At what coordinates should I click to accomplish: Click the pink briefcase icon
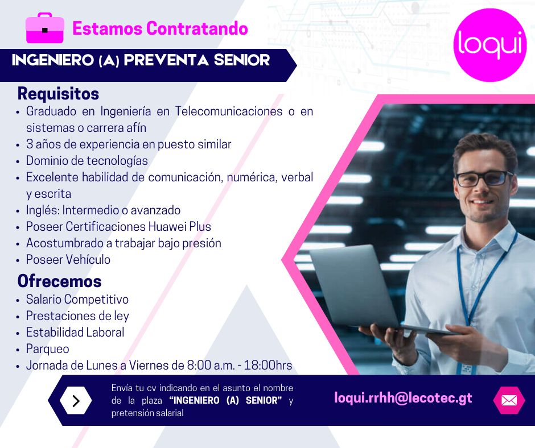[x=45, y=28]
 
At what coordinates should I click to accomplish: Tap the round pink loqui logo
[x=490, y=45]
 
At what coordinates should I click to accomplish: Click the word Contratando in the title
[x=197, y=28]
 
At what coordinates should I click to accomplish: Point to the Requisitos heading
[x=59, y=93]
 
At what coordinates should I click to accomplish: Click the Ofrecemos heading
[x=59, y=281]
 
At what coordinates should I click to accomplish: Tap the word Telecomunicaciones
[x=229, y=111]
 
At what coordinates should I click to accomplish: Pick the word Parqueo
[x=47, y=349]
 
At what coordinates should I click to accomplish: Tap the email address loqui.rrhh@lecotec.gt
[x=403, y=398]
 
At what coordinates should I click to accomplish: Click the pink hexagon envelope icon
[x=509, y=400]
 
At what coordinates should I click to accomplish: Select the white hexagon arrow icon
[x=76, y=401]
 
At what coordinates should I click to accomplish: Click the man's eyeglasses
[x=484, y=179]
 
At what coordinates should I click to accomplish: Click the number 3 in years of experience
[x=30, y=144]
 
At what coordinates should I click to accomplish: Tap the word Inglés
[x=43, y=210]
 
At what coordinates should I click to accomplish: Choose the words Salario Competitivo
[x=77, y=300]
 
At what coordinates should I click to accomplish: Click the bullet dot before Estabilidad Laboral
[x=18, y=333]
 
